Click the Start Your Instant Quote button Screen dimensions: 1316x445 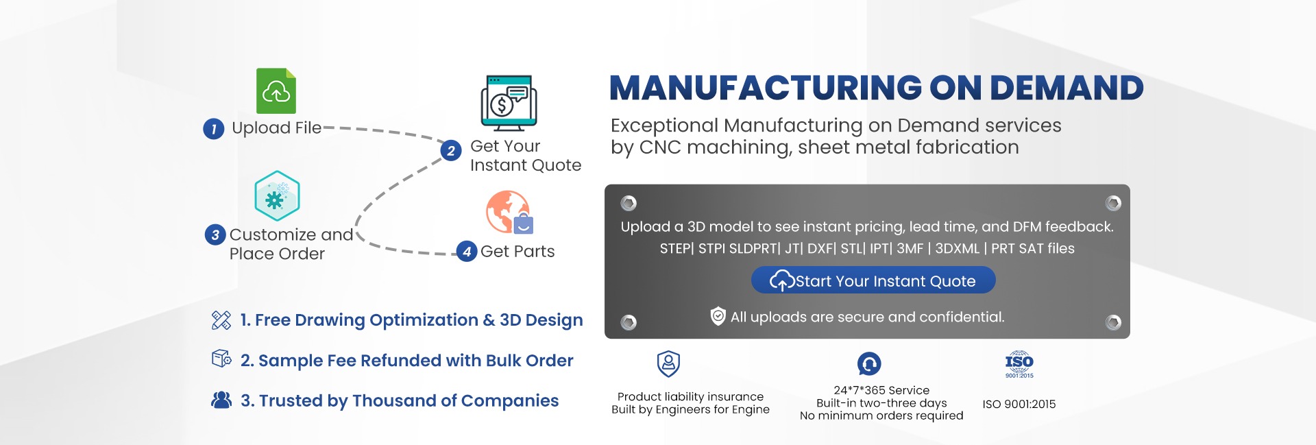873,280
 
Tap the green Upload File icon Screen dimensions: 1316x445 276,91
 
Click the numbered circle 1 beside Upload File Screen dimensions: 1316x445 214,129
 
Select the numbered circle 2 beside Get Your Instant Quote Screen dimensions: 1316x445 451,151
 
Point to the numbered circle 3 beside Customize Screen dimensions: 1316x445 215,235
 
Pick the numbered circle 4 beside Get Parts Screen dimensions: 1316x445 467,252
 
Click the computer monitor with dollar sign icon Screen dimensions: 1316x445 509,103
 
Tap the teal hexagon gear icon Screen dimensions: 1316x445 277,196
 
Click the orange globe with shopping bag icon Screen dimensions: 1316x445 509,213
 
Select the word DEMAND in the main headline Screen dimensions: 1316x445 1067,88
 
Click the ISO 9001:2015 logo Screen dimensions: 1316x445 1019,364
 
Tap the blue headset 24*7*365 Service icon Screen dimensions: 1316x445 869,363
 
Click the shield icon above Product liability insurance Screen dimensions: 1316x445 668,363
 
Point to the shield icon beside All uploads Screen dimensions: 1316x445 718,316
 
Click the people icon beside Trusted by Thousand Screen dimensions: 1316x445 221,400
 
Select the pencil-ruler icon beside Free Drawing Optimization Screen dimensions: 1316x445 221,320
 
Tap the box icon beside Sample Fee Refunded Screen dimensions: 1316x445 221,359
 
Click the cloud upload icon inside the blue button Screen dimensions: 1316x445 781,280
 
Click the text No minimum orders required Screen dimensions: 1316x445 881,416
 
